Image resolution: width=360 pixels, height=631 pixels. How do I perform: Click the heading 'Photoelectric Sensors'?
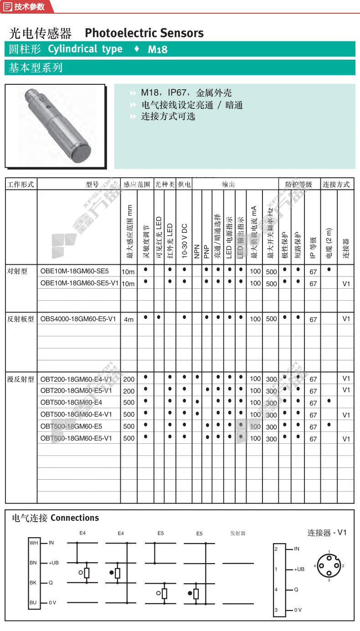144,33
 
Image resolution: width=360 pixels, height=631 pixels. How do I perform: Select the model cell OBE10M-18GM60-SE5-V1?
79,283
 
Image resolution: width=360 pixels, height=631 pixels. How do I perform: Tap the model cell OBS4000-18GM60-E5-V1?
78,319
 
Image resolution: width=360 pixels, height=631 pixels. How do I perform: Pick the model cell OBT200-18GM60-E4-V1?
76,379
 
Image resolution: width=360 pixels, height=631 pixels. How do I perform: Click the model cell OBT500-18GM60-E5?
71,426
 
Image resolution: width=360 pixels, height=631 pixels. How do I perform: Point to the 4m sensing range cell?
129,319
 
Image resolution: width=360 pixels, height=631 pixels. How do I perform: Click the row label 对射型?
18,272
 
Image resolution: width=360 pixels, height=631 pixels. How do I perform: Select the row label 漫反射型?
21,379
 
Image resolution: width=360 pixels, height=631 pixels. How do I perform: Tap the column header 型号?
92,185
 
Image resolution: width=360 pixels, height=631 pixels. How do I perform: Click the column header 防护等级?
298,185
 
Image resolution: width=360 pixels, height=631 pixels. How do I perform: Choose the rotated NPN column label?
197,253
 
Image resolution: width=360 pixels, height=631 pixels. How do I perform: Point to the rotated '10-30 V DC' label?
184,241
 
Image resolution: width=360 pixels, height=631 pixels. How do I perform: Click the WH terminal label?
34,543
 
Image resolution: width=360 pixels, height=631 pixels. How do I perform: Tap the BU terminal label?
33,602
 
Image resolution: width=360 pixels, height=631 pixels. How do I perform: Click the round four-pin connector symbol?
329,565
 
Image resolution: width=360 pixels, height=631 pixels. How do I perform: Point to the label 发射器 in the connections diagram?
238,533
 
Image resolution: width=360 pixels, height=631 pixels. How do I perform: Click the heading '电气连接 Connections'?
55,518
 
